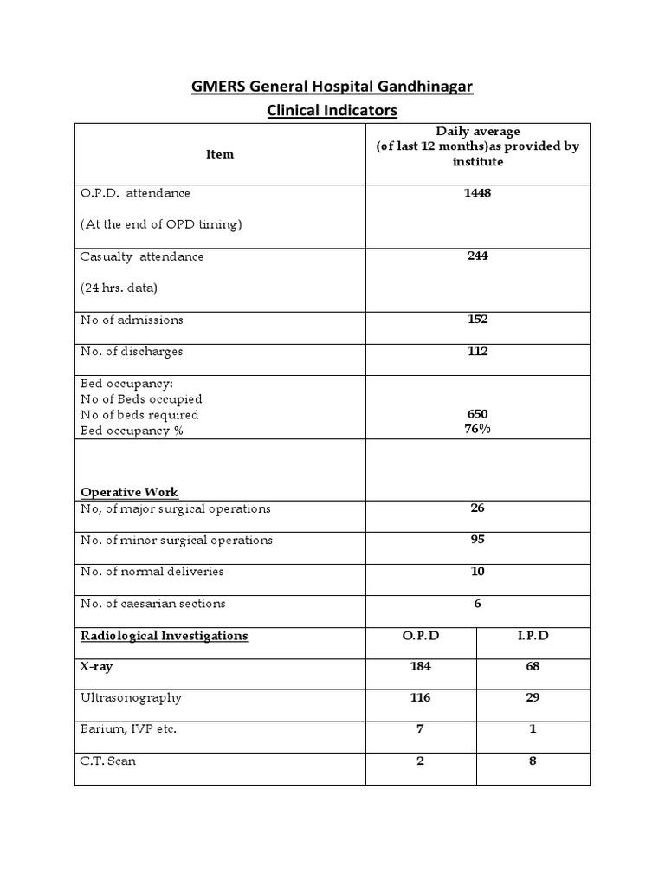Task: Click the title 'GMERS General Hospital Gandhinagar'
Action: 332,87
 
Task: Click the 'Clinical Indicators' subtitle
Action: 332,111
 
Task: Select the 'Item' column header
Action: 220,154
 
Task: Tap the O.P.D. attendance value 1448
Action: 477,193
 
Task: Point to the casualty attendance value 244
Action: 477,256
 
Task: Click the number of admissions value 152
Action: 477,320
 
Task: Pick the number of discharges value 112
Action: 477,351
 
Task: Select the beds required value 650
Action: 477,415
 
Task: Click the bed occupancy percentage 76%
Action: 477,429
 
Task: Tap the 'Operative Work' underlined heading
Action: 129,492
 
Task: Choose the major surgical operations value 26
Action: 477,508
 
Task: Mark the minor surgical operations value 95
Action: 477,540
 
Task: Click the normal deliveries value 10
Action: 477,572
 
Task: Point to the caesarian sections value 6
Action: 477,604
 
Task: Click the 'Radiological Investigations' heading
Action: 165,636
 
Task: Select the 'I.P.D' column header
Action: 533,636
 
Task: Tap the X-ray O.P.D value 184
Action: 421,667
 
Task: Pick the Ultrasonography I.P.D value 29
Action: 533,698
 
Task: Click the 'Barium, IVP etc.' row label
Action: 129,729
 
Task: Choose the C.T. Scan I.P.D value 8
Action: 533,761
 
